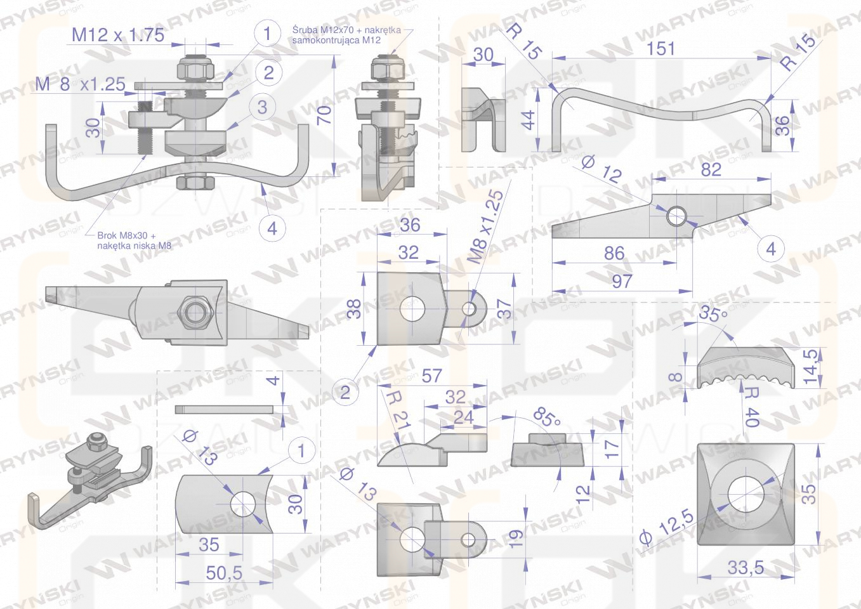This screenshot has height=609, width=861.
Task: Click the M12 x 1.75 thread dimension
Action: (118, 36)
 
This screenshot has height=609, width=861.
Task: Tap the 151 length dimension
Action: (661, 49)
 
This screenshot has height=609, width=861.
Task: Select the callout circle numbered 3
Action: (262, 107)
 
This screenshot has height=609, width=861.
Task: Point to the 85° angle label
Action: (546, 417)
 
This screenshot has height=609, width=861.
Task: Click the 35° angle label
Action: (713, 313)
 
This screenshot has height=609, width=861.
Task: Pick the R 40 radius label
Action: (751, 407)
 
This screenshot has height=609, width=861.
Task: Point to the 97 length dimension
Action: (622, 281)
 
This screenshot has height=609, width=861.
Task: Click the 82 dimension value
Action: (711, 169)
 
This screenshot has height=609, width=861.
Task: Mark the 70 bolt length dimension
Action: (325, 115)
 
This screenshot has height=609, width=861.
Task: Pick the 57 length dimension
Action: (431, 376)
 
